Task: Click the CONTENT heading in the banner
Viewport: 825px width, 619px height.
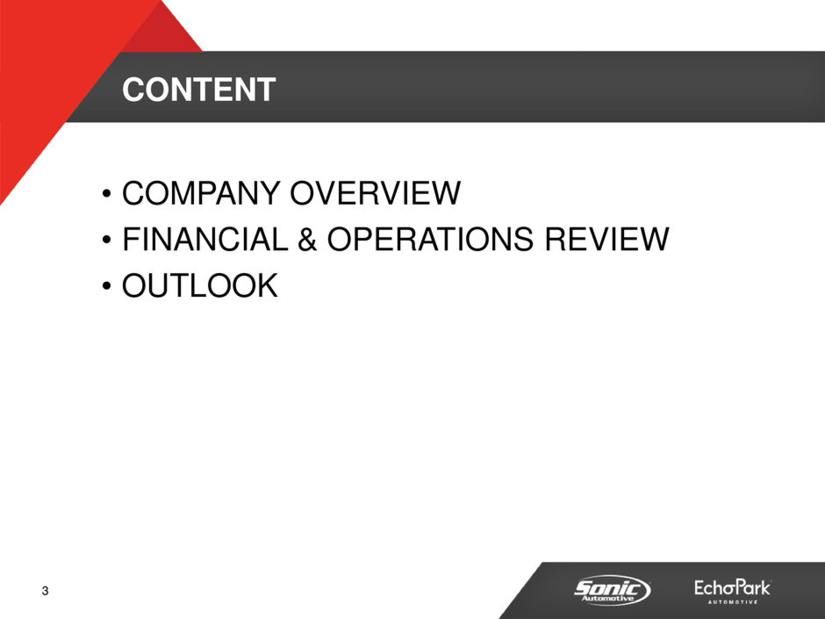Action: [x=199, y=90]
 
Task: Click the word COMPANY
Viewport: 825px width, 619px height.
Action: [x=201, y=192]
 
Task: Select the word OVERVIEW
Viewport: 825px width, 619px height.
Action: [x=376, y=192]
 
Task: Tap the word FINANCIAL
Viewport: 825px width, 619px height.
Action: [x=205, y=239]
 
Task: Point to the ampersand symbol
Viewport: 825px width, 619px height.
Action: [x=307, y=239]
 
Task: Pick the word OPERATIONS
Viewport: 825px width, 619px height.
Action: [x=430, y=239]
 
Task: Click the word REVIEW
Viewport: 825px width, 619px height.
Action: [x=606, y=239]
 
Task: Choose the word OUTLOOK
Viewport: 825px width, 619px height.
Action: [x=200, y=285]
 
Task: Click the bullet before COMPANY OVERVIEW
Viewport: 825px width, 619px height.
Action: [x=107, y=194]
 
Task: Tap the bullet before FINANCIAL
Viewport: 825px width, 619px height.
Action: [x=107, y=240]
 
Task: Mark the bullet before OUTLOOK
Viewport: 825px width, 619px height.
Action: [x=107, y=286]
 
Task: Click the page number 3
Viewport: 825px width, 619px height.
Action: [x=46, y=591]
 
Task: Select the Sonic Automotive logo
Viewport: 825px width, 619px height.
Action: [x=612, y=589]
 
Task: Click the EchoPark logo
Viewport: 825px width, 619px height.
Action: [x=732, y=591]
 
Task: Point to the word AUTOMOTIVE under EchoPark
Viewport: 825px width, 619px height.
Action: [x=732, y=601]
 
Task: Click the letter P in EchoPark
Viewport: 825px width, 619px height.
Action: [x=741, y=587]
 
